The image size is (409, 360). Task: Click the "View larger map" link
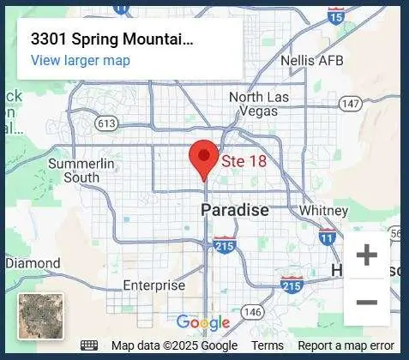coord(81,60)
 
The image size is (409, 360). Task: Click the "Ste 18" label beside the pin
coord(244,160)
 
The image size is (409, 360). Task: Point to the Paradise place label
coord(234,210)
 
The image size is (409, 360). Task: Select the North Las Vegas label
coord(259,104)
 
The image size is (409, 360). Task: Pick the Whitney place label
coord(323,210)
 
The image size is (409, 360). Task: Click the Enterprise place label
coord(153,285)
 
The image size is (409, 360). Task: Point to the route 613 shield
coord(107,123)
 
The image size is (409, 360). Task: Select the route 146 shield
coord(251,310)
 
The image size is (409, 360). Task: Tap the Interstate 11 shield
coord(327,237)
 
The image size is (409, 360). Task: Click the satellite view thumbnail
coord(40,315)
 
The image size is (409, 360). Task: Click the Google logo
coord(203,322)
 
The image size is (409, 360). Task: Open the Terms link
coord(268,345)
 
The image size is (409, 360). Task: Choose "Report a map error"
coord(346,345)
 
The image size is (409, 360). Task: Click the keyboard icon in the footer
coord(89,345)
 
